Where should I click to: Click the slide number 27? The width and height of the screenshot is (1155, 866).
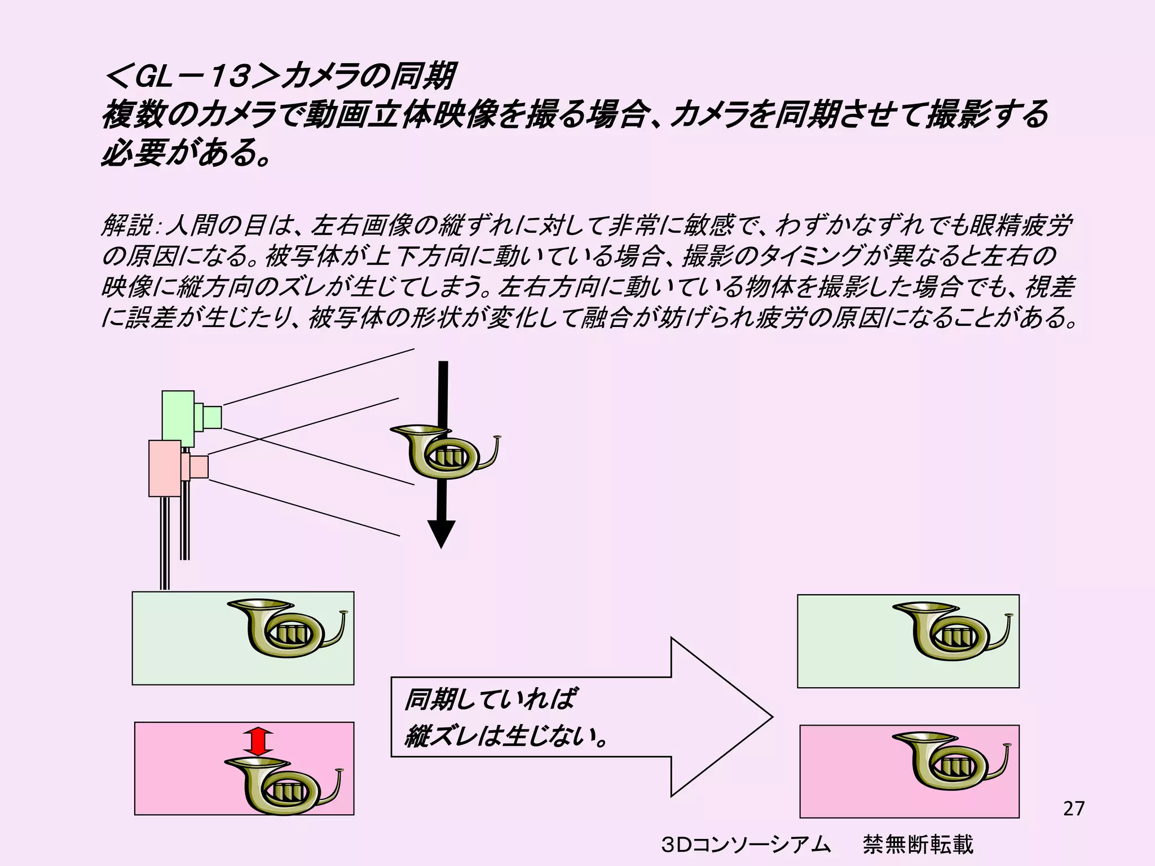[1073, 808]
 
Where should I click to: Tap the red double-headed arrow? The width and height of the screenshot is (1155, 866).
[258, 741]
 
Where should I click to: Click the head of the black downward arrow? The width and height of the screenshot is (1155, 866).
[441, 532]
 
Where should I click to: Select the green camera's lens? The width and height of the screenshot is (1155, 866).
[212, 417]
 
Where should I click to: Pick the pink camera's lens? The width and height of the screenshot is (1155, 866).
[199, 467]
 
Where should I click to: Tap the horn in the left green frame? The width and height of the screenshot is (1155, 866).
[288, 628]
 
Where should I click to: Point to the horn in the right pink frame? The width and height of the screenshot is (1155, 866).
[952, 761]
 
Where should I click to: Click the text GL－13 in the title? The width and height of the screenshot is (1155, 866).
[192, 77]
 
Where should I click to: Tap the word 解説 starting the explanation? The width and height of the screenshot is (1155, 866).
[126, 227]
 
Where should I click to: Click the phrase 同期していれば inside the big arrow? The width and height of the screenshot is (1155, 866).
[490, 700]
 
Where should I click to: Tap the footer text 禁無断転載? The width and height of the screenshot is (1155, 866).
[918, 845]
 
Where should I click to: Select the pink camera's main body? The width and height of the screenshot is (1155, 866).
[165, 468]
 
